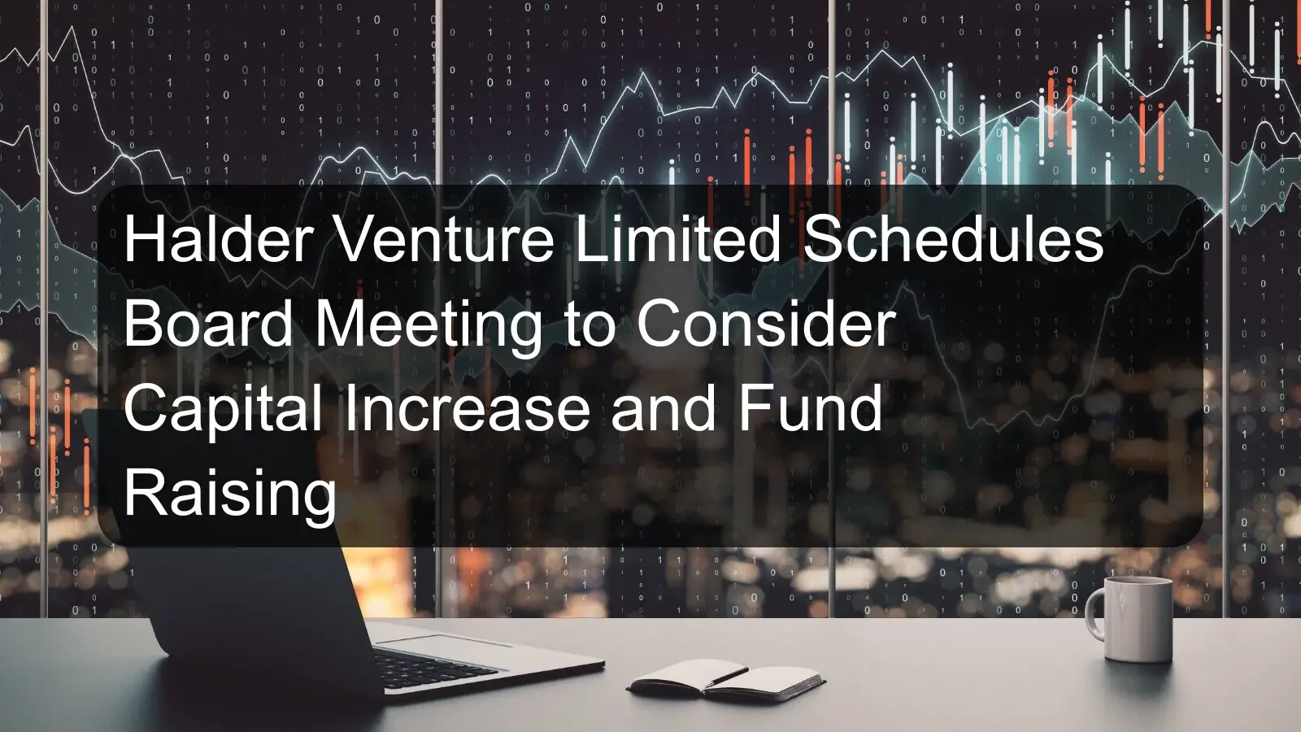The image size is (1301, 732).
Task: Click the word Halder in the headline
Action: click(219, 239)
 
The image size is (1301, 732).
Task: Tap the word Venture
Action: click(444, 239)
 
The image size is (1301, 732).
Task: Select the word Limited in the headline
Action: click(677, 239)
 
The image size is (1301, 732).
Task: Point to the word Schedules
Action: click(953, 239)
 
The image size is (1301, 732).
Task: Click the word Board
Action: click(208, 324)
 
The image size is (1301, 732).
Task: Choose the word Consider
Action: click(766, 324)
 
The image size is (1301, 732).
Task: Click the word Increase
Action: click(467, 408)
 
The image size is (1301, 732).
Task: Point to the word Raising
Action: click(230, 495)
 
